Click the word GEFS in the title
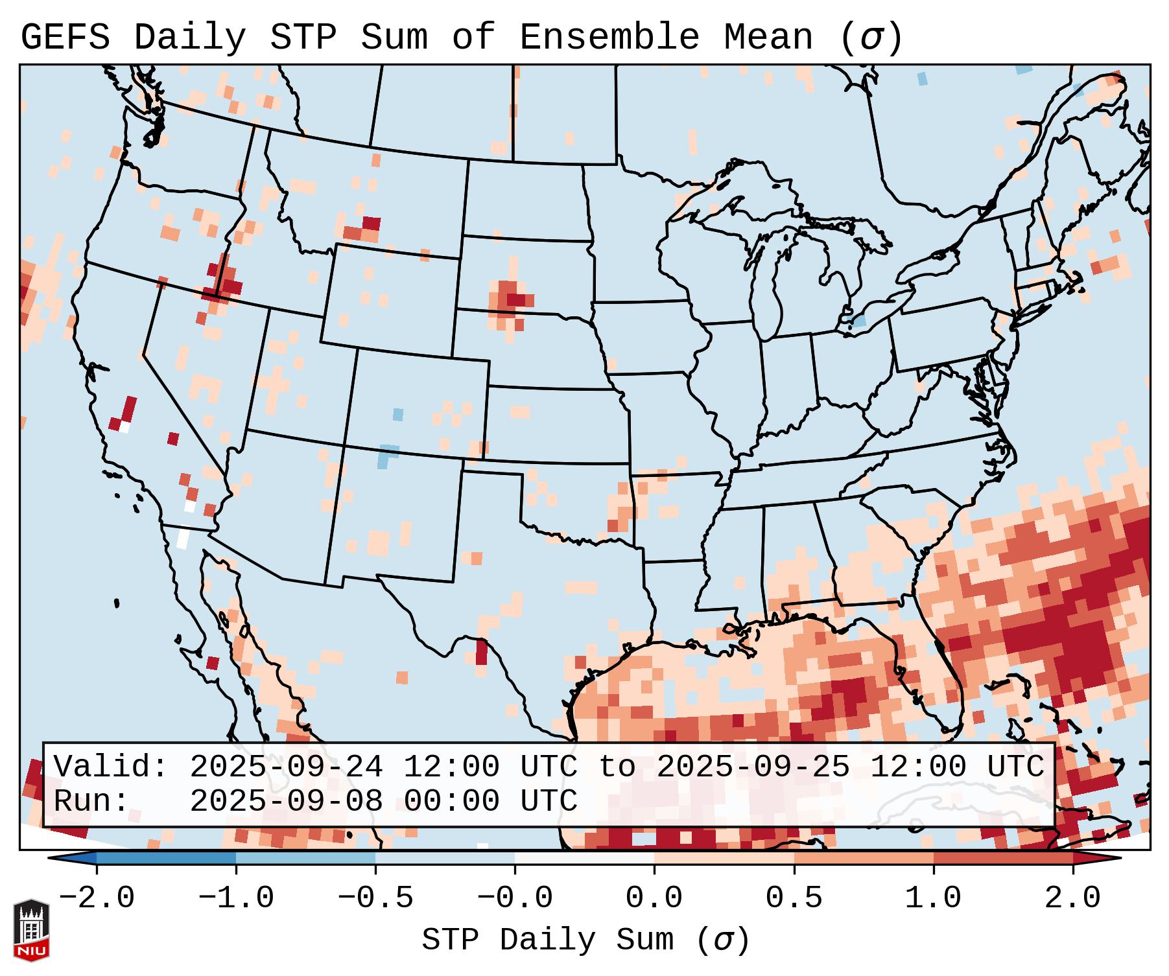(x=65, y=38)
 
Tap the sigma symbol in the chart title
(x=871, y=38)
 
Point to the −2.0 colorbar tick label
(x=97, y=898)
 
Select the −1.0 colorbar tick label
(x=236, y=898)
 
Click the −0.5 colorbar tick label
(x=375, y=898)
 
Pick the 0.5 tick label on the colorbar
(x=794, y=898)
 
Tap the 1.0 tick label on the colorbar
(x=933, y=898)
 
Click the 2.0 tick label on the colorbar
(x=1072, y=898)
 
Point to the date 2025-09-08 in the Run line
(x=286, y=801)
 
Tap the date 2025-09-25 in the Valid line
(x=753, y=767)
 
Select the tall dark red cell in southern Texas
(x=481, y=651)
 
